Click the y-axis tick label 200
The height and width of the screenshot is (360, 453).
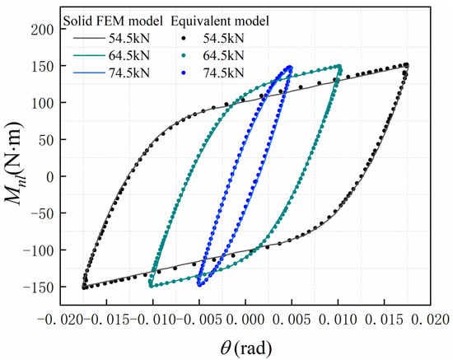click(x=44, y=30)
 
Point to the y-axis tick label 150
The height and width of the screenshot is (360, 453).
click(x=44, y=66)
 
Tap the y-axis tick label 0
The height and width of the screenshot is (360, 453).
click(x=51, y=176)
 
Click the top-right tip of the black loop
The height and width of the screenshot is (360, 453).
click(x=406, y=65)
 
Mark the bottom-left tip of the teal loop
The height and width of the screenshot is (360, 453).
click(x=151, y=285)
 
